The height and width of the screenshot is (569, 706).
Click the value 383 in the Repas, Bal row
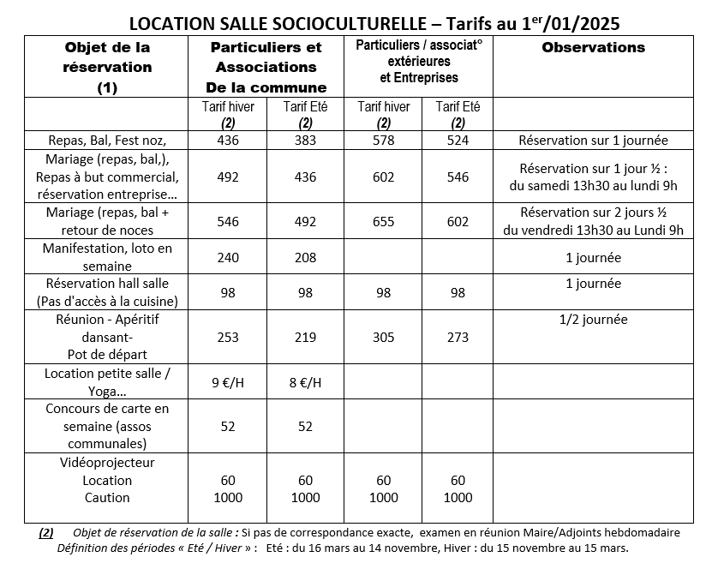[x=306, y=141]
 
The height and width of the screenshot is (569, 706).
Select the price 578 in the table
[x=384, y=141]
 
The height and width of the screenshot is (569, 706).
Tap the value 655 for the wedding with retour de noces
[x=384, y=221]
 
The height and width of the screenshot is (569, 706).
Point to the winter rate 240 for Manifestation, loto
[x=228, y=257]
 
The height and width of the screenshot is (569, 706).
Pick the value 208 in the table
[x=306, y=257]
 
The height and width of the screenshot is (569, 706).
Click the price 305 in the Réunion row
[x=384, y=337]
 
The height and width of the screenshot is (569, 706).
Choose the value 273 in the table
[x=458, y=337]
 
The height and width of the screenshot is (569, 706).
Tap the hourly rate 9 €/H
[x=228, y=382]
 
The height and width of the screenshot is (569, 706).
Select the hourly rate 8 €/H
[x=306, y=382]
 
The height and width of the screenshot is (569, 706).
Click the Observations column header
[x=593, y=48]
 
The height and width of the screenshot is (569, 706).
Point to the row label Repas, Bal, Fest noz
[x=107, y=141]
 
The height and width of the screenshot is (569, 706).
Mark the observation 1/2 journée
[x=593, y=320]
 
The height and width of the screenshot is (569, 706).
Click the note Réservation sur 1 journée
[x=593, y=141]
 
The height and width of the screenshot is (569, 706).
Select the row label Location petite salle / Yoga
[x=107, y=381]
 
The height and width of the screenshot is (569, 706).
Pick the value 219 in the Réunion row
[x=306, y=337]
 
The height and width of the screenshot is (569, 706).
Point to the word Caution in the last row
[x=107, y=497]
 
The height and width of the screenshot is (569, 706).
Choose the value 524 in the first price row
[x=458, y=141]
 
